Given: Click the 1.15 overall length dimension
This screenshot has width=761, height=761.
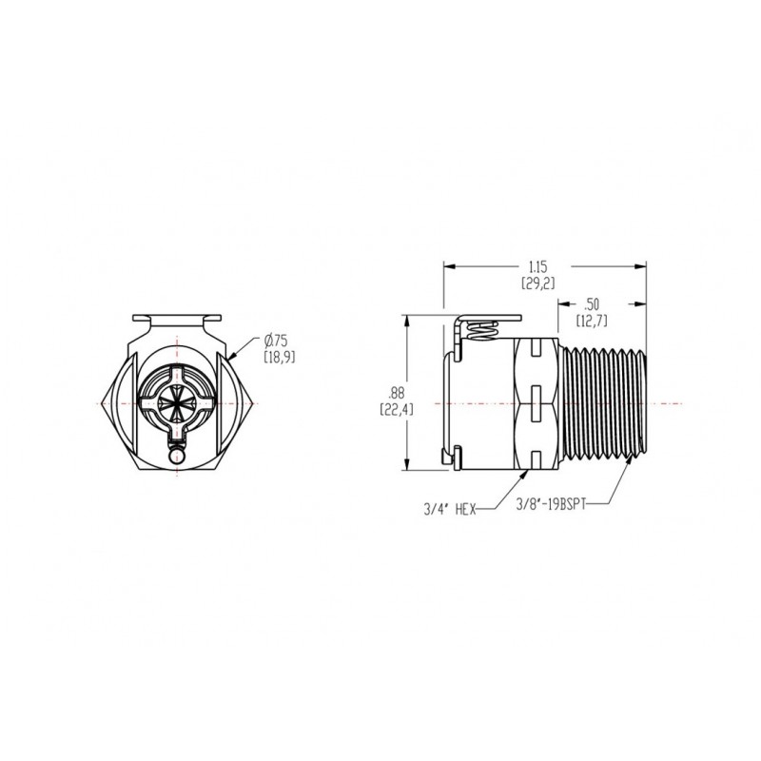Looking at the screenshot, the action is (537, 275).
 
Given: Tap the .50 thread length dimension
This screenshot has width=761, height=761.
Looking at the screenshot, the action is (592, 313).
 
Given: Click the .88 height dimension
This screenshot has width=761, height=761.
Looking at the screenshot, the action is (397, 400).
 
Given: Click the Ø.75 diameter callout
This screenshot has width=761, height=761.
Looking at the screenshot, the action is (279, 348).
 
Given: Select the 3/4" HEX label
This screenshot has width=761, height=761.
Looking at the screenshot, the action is (449, 509).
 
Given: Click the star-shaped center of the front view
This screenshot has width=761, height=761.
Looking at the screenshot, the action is (177, 402).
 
